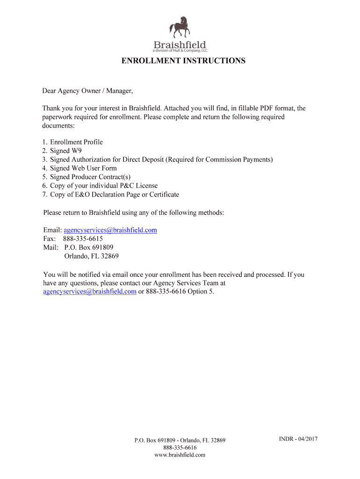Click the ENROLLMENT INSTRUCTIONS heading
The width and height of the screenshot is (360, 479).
tap(183, 61)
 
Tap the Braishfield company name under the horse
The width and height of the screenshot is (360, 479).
tap(180, 45)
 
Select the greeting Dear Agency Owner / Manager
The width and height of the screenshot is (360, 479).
tap(88, 91)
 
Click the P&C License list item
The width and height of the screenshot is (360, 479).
tap(104, 186)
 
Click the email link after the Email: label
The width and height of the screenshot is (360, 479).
tap(110, 230)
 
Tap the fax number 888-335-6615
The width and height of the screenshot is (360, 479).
tap(83, 239)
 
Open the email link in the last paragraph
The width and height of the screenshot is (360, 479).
tap(90, 291)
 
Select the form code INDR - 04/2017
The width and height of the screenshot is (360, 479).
tap(298, 439)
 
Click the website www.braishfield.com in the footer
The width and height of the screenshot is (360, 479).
tap(180, 455)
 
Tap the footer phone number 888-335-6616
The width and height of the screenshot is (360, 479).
tap(180, 448)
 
